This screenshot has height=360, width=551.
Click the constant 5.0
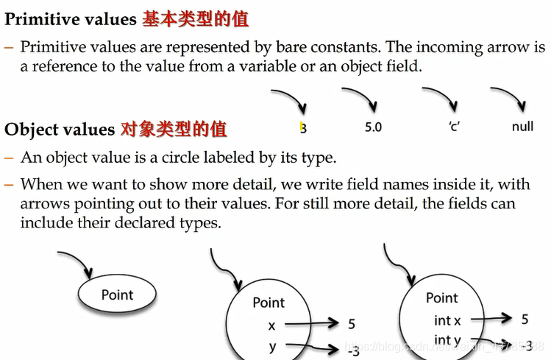373,127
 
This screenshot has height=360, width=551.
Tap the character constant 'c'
454,127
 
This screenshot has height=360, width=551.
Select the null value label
522,127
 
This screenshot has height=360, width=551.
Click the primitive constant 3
303,128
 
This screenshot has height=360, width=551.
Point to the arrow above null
508,96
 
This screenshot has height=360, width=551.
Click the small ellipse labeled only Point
117,295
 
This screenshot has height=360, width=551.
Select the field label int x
447,320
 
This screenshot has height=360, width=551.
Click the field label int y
447,340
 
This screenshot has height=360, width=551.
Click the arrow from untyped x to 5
309,323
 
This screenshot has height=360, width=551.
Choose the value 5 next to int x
525,319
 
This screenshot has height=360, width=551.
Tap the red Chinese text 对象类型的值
174,130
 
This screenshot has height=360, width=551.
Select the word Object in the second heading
31,130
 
